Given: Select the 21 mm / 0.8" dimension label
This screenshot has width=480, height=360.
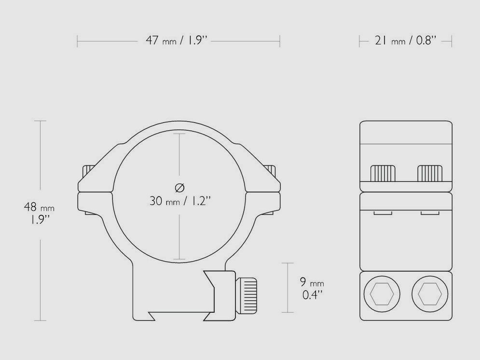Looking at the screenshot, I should pos(405,41).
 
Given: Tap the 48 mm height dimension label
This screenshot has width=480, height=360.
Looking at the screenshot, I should pos(39,213).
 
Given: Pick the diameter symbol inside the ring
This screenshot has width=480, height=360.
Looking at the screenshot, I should pos(180,187).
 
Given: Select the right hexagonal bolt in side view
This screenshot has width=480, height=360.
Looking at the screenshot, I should pos(429,293).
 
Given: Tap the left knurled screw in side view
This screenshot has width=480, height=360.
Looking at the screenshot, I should pos(383,173).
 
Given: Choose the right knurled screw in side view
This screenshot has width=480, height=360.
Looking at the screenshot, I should pos(430,173).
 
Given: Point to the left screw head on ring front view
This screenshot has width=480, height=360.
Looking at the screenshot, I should pos(88,170).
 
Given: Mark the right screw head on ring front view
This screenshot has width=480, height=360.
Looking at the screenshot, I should pos(271,170).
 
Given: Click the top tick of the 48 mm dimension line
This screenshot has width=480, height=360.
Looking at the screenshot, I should pos(40,121).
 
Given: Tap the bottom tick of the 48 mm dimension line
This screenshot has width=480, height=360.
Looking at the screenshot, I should pos(40,321).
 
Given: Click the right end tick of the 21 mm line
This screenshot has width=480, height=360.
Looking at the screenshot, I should pos(452,42).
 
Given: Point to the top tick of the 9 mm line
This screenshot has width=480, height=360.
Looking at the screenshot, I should pos(288,263).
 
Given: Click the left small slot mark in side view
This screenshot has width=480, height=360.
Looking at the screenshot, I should pos(383,212).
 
